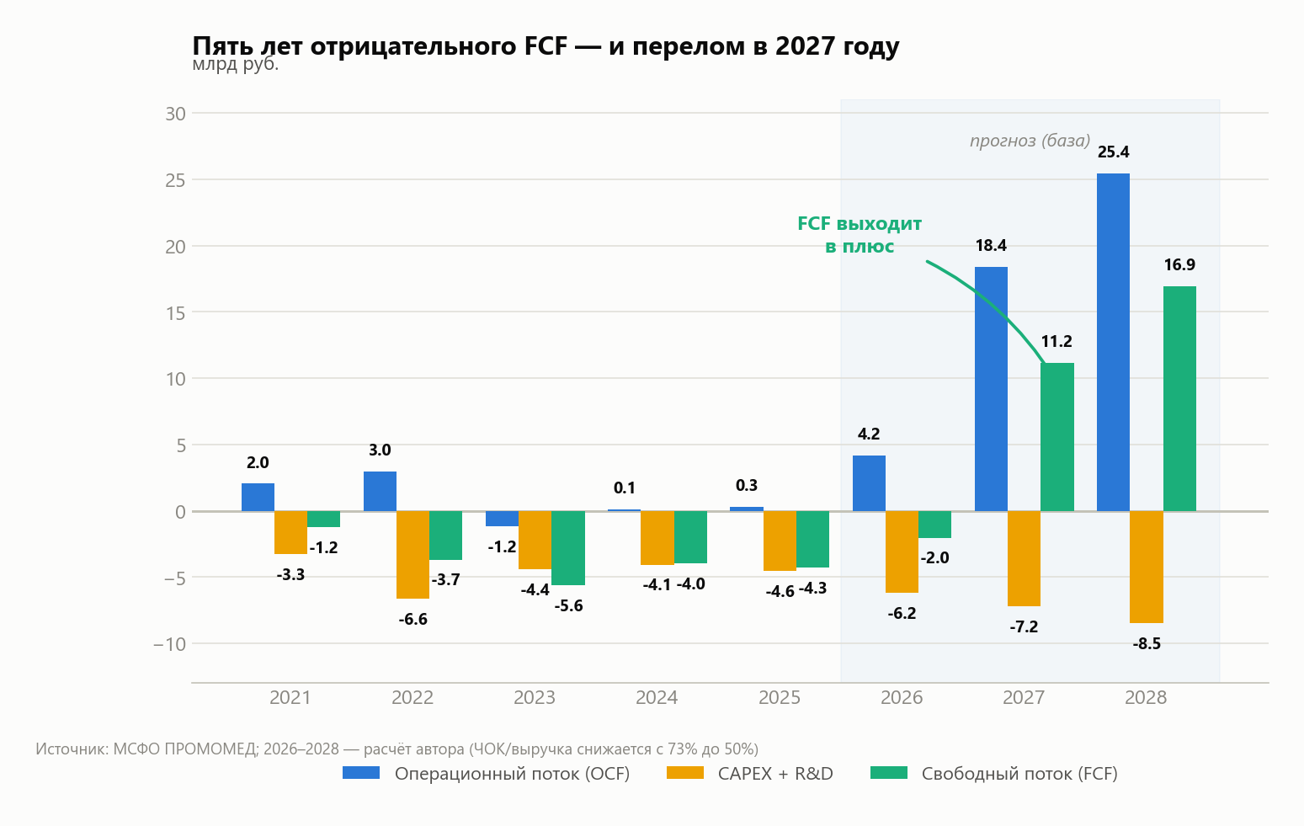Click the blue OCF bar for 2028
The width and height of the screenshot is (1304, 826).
pos(1113,343)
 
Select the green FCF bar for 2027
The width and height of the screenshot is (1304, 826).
pos(1057,437)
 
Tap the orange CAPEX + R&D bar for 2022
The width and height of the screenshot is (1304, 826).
pos(412,555)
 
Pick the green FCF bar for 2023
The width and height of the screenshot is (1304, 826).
pos(568,548)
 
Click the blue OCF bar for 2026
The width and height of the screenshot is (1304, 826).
pos(869,483)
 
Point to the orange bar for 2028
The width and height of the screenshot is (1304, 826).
pos(1147,568)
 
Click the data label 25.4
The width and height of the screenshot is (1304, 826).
pos(1113,152)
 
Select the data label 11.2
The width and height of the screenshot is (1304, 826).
pos(1057,342)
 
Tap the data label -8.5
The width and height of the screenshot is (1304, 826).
pos(1147,644)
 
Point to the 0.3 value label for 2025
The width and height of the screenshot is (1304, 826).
pos(747,486)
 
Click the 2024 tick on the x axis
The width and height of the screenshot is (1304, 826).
pos(657,697)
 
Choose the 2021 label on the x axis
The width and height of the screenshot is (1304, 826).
pos(290,697)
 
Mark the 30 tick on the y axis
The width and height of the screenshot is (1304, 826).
pos(175,114)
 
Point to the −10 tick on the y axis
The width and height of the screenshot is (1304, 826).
pos(169,644)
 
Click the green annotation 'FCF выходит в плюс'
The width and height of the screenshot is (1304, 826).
pos(860,235)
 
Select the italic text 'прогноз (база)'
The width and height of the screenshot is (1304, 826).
pos(1030,141)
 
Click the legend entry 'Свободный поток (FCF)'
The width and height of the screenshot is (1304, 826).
pos(1019,774)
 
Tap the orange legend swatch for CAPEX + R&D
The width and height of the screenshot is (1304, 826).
pos(684,773)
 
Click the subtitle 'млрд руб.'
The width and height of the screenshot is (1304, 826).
pos(235,65)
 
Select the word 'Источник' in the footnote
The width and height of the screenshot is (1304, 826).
pos(72,749)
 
